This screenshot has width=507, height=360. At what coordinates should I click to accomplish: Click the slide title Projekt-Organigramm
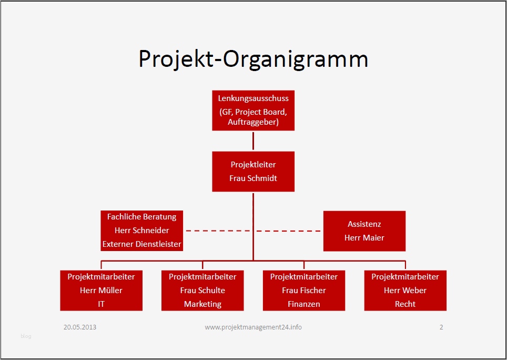[253, 59]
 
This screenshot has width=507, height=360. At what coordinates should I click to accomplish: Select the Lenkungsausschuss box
[253, 111]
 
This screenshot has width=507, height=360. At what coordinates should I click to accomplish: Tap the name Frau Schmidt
[253, 178]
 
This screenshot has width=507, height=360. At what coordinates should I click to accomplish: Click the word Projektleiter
[253, 165]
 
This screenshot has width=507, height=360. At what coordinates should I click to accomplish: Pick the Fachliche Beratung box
[142, 231]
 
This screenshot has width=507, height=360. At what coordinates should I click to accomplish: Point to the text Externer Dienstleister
[142, 244]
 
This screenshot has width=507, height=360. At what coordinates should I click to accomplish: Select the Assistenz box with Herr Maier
[364, 231]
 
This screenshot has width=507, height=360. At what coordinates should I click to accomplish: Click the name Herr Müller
[101, 290]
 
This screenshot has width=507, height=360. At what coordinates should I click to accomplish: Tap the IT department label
[102, 304]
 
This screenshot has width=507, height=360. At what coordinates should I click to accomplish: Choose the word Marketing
[202, 304]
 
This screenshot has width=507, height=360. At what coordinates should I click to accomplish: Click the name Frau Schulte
[202, 290]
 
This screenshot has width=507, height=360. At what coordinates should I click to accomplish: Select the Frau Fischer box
[304, 291]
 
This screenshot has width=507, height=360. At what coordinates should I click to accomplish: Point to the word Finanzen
[304, 304]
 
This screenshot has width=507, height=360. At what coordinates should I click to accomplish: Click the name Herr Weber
[405, 290]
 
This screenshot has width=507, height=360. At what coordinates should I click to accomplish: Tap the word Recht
[405, 304]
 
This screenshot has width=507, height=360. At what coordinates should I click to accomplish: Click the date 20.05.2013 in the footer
[80, 327]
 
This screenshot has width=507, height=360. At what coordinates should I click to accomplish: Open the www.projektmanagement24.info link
[253, 327]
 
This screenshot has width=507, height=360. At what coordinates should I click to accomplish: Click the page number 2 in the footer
[441, 327]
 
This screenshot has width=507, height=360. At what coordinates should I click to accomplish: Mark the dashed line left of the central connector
[218, 231]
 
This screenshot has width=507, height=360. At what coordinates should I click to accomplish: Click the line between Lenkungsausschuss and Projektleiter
[253, 141]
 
